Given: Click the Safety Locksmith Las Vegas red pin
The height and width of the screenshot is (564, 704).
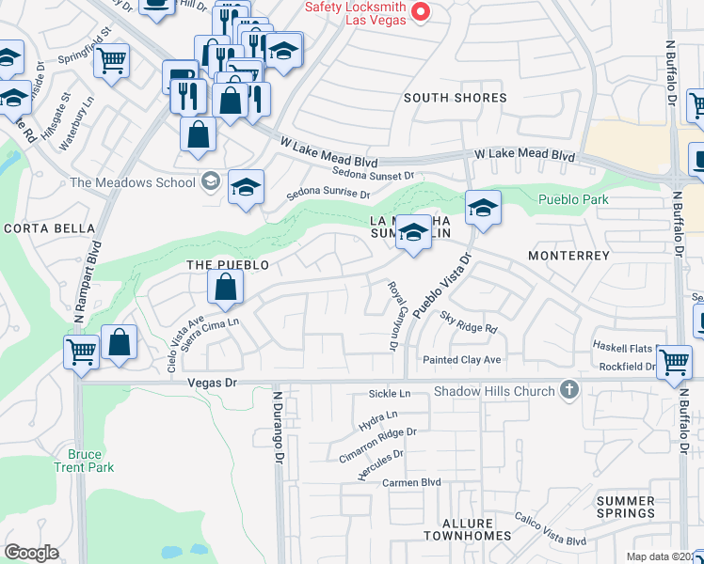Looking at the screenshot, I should [422, 12].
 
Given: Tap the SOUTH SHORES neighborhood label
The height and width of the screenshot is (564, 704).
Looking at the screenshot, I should [456, 98].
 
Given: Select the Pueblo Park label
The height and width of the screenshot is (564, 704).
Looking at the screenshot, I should [573, 199].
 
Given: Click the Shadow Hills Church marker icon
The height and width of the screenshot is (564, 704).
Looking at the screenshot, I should [568, 389].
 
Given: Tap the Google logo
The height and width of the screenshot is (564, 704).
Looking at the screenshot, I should [31, 553].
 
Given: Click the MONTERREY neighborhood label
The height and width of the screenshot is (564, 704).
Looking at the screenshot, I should [569, 256].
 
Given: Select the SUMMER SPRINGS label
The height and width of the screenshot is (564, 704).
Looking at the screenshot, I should [626, 507].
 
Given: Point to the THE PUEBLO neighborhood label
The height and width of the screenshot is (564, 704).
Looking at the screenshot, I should [228, 265].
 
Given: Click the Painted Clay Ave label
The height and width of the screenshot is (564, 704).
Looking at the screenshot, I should [461, 360].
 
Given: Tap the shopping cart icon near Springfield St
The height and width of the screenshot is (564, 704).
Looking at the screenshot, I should [112, 61].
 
